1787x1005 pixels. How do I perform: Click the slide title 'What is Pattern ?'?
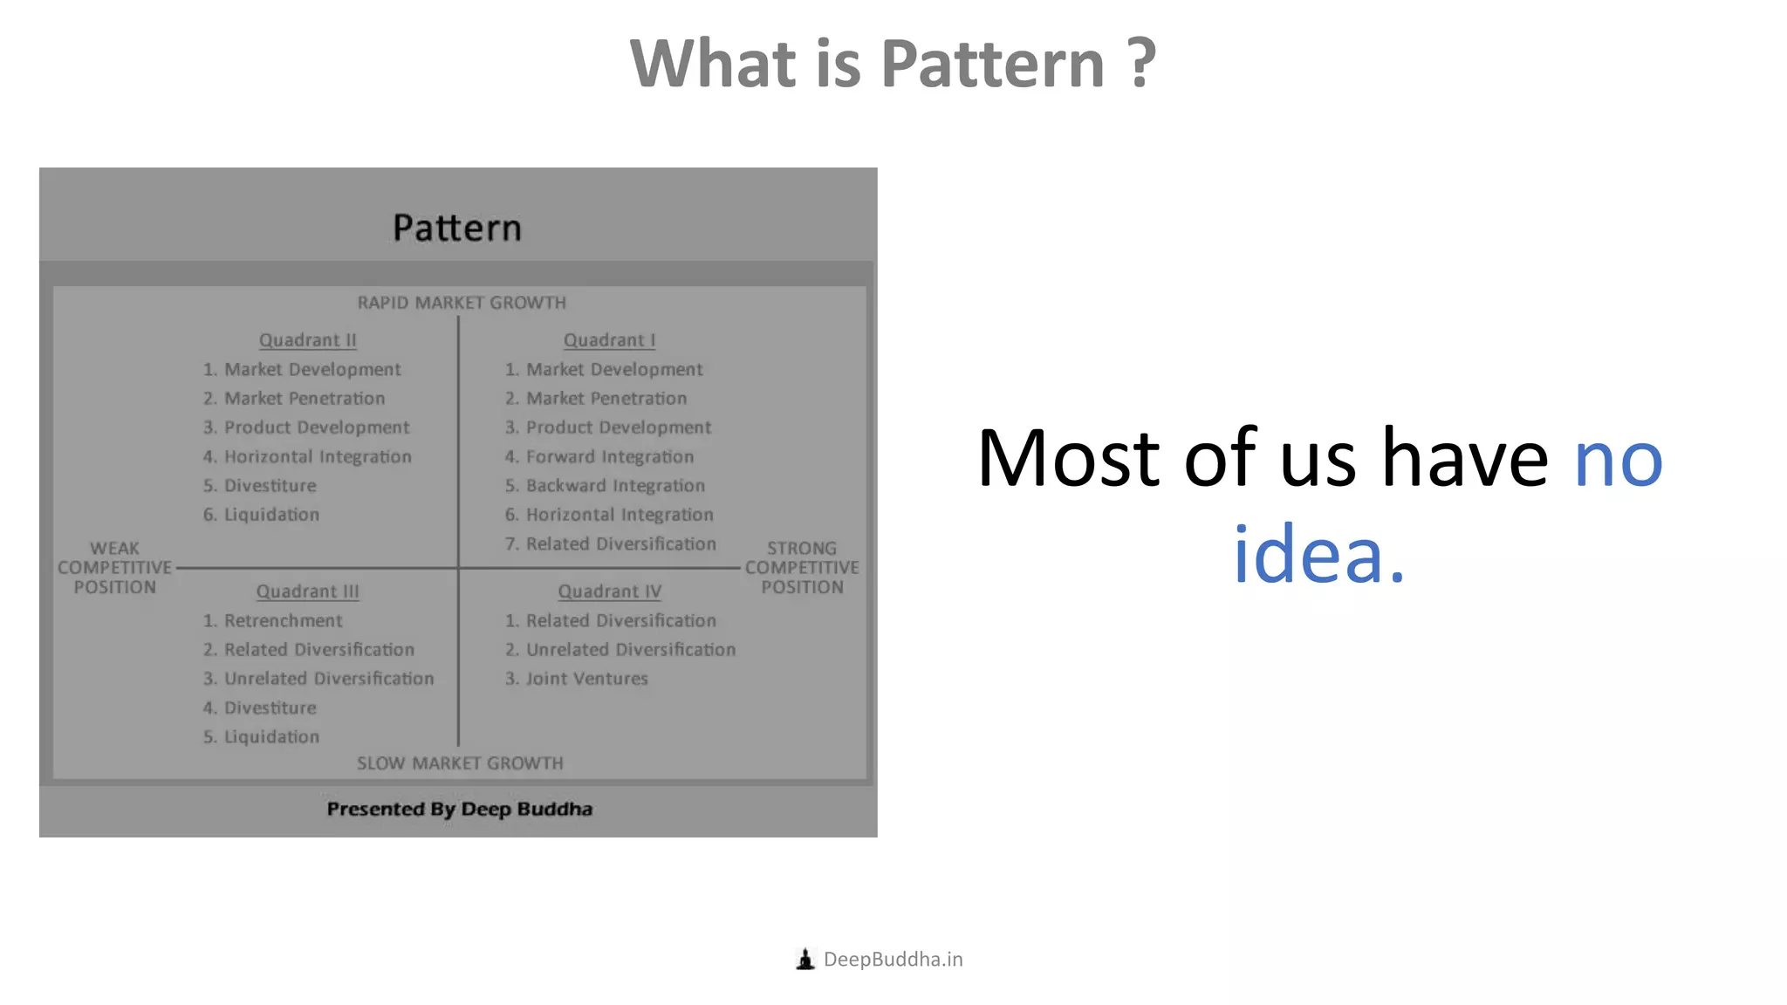tap(893, 64)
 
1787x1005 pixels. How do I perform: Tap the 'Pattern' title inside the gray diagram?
tap(457, 228)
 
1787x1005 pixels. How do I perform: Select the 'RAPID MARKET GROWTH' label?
tap(462, 303)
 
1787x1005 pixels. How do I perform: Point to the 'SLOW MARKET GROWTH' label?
tap(460, 763)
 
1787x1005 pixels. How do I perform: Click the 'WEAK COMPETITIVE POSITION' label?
tap(114, 568)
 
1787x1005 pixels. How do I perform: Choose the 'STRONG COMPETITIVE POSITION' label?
tap(802, 568)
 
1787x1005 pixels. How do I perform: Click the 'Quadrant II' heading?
tap(307, 340)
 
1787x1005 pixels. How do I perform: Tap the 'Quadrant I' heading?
tap(609, 340)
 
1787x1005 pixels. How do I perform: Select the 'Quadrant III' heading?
tap(307, 591)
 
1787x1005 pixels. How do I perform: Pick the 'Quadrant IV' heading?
tap(609, 591)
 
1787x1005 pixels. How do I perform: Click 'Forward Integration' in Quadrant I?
tap(609, 457)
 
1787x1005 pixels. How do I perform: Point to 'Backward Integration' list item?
tap(614, 486)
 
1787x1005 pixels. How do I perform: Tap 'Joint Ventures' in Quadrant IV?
tap(586, 679)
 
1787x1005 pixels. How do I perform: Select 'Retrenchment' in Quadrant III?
tap(283, 621)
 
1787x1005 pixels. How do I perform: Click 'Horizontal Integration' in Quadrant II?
tap(317, 457)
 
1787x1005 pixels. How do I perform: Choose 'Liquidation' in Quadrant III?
tap(271, 737)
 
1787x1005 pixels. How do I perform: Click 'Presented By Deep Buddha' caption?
tap(459, 809)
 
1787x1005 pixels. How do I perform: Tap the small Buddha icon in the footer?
tap(805, 960)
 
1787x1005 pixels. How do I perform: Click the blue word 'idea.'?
tap(1318, 555)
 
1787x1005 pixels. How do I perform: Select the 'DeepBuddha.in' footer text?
tap(893, 960)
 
